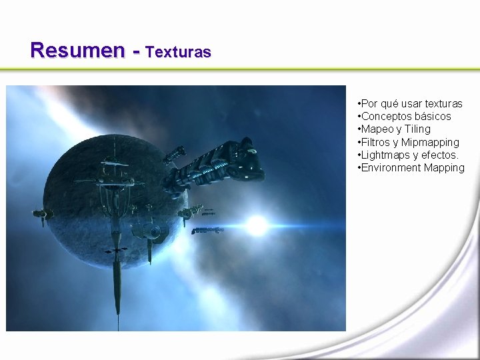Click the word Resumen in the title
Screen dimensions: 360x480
(x=77, y=50)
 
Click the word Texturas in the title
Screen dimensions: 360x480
(x=178, y=51)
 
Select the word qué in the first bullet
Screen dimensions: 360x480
(x=391, y=103)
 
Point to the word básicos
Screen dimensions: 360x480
(x=433, y=116)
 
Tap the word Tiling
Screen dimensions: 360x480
(x=417, y=129)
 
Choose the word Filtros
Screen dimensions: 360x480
(x=376, y=142)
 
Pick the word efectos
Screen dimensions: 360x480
(x=440, y=155)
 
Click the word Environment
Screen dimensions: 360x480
(x=390, y=167)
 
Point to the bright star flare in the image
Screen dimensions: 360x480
(x=256, y=225)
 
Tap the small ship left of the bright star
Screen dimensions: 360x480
(x=207, y=231)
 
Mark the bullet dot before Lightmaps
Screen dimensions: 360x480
(x=359, y=155)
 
